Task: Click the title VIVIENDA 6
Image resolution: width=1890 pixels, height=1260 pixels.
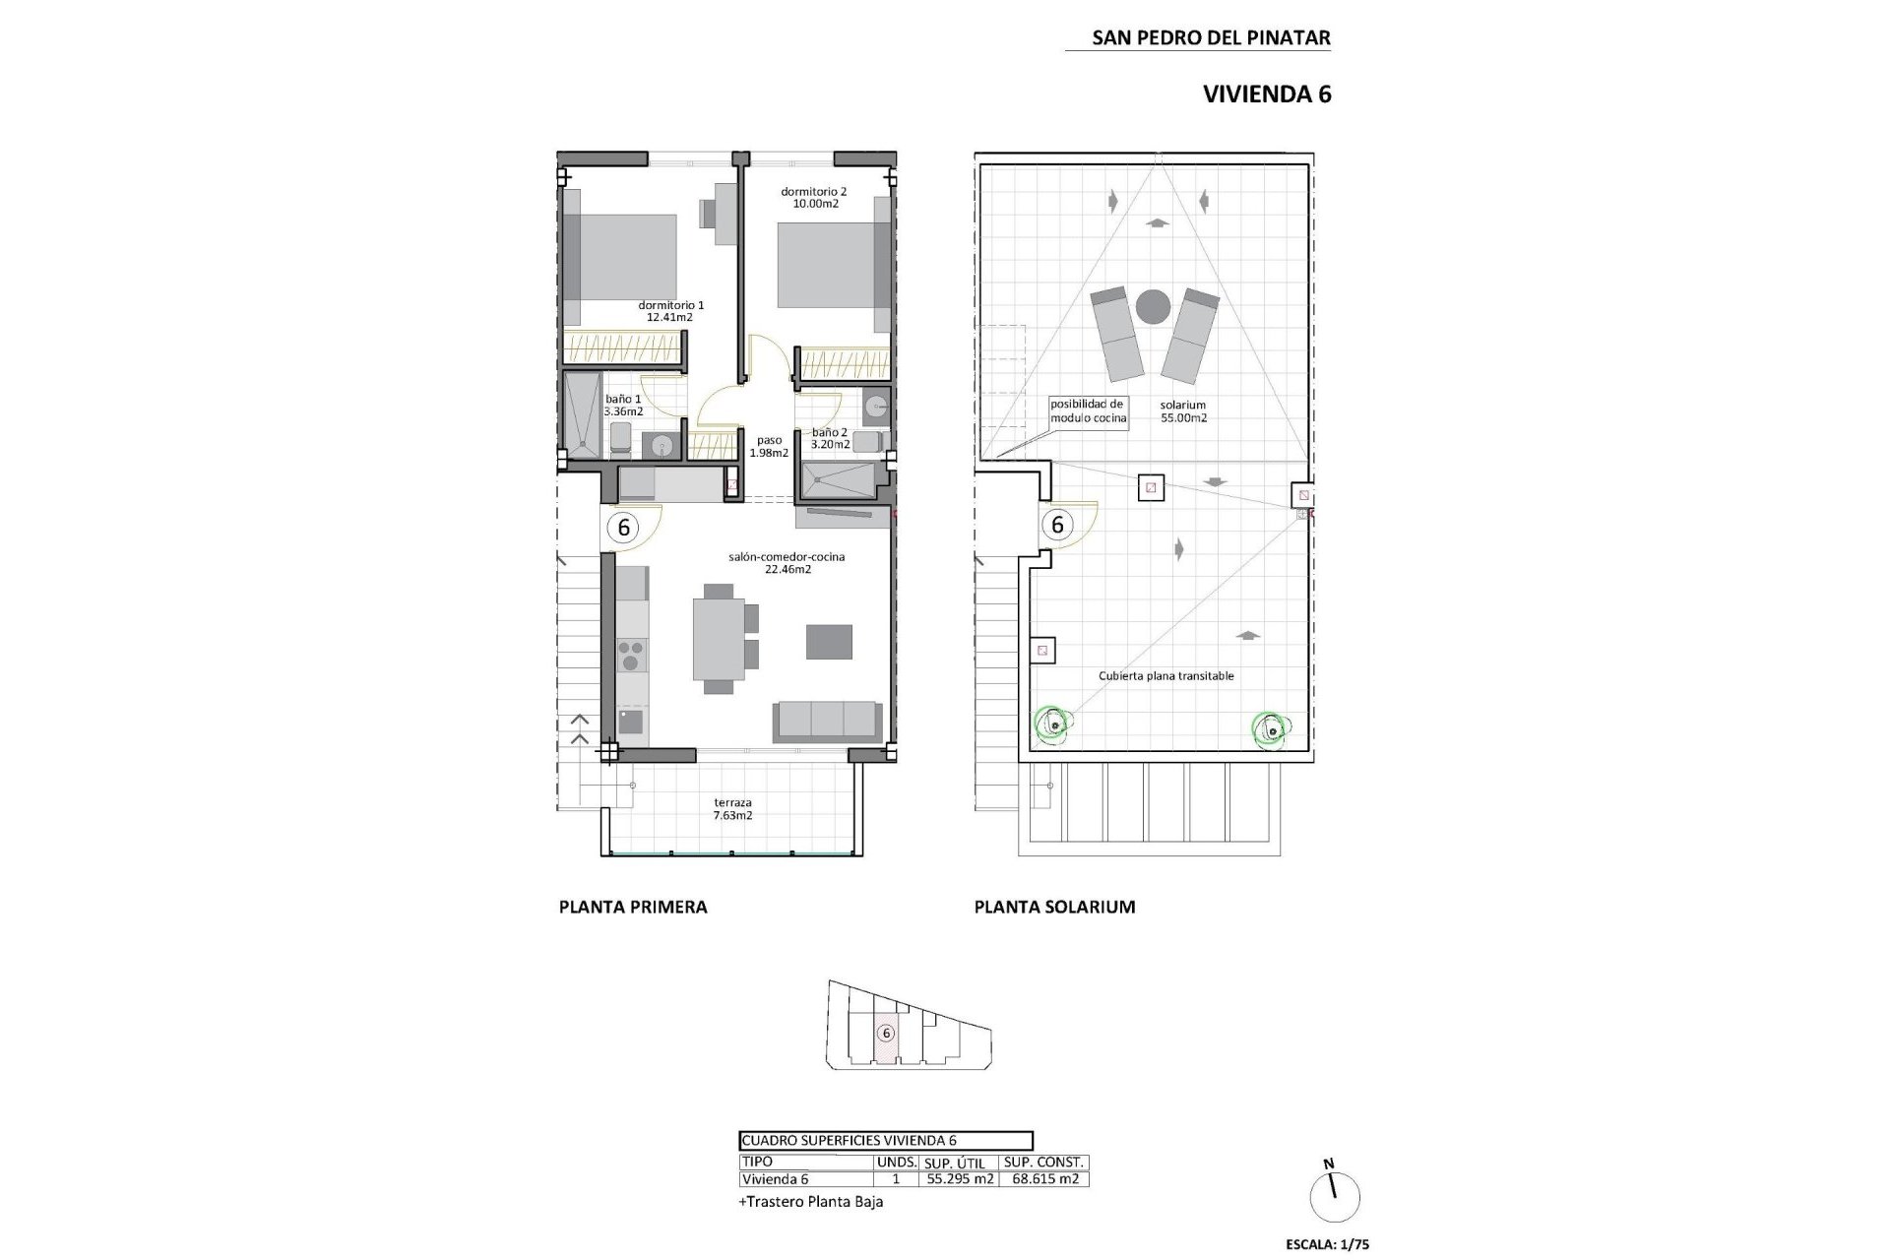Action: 1267,94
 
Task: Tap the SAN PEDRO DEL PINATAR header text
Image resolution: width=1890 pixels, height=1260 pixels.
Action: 1211,38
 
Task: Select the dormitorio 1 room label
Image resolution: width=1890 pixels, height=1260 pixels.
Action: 670,311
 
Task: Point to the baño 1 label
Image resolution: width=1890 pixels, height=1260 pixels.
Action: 623,405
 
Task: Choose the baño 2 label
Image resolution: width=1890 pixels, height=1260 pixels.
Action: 830,438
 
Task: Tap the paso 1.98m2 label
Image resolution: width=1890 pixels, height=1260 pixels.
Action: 769,447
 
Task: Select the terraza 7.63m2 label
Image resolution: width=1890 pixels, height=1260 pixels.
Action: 733,808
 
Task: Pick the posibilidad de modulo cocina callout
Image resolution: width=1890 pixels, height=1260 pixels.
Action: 1087,410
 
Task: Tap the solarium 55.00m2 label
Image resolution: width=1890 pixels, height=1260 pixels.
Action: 1183,410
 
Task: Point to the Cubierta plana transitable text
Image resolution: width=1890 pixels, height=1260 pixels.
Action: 1165,676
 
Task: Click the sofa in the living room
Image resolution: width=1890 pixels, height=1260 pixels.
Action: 827,721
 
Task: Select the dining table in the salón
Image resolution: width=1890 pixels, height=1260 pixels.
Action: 719,639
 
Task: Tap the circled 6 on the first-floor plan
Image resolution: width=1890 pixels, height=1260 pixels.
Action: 623,528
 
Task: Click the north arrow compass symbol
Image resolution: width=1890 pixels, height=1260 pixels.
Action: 1335,1196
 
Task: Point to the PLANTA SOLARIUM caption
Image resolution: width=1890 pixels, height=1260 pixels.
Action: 1054,907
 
